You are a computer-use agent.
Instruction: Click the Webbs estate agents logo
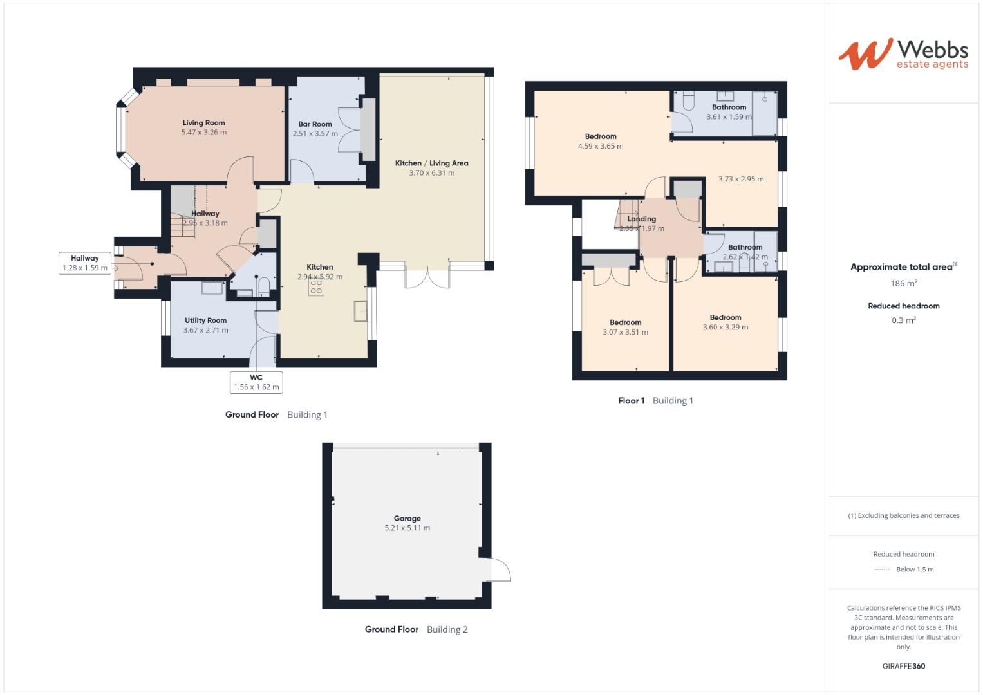[903, 53]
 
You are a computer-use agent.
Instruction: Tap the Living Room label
[203, 123]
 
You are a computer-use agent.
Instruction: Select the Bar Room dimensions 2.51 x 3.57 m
[315, 134]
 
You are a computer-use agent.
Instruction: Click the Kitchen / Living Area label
[431, 163]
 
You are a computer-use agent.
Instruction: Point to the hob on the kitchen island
[316, 287]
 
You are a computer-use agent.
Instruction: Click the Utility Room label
[205, 320]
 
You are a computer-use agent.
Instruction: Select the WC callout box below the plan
[256, 382]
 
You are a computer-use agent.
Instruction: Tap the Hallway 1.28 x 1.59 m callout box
[85, 263]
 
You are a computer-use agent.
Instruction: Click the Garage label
[407, 518]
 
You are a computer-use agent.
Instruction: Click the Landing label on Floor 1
[641, 219]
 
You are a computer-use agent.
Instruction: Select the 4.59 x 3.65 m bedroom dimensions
[600, 146]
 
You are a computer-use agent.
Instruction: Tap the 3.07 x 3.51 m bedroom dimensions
[625, 332]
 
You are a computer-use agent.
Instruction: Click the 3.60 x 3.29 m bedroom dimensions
[725, 327]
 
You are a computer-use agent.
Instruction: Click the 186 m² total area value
[904, 283]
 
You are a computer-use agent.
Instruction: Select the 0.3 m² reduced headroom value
[904, 320]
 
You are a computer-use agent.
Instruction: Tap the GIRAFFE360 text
[903, 666]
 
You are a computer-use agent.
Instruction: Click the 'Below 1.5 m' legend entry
[914, 569]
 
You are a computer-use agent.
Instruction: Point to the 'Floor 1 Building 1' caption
[655, 400]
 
